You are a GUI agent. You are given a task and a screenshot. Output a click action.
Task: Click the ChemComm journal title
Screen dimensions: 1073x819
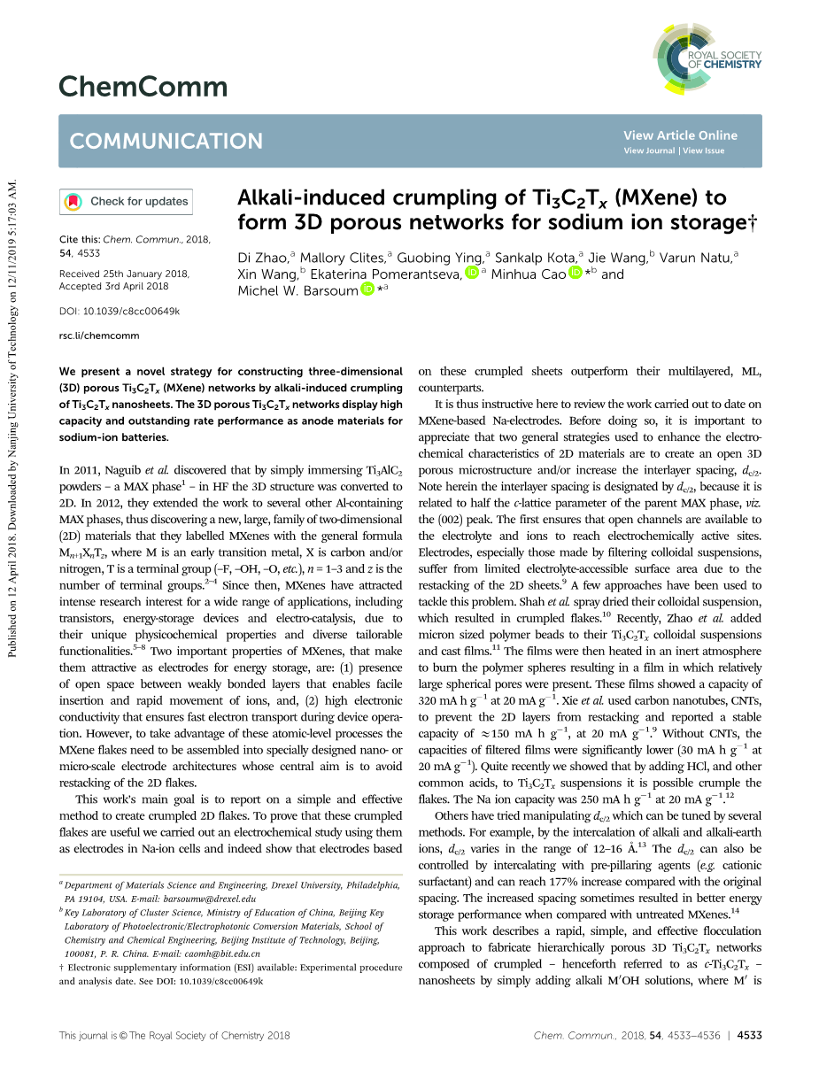143,87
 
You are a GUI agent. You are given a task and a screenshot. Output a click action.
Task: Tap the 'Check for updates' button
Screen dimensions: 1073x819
125,202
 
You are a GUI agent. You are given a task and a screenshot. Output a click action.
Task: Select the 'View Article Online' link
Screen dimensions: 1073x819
680,135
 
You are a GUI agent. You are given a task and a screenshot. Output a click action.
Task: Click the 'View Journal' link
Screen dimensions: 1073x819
649,151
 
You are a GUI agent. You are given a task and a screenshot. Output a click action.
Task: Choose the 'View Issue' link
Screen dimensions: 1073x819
702,151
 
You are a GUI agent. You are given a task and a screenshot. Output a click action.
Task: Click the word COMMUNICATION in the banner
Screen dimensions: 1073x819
166,142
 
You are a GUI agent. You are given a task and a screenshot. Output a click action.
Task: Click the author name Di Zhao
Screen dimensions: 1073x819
263,258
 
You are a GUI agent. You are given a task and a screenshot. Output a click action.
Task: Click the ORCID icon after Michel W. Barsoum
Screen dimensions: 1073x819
367,289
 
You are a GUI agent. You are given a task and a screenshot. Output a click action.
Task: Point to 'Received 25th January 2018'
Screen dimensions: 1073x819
112,274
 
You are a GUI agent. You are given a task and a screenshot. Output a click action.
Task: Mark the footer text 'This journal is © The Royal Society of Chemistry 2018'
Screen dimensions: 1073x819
174,1035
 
